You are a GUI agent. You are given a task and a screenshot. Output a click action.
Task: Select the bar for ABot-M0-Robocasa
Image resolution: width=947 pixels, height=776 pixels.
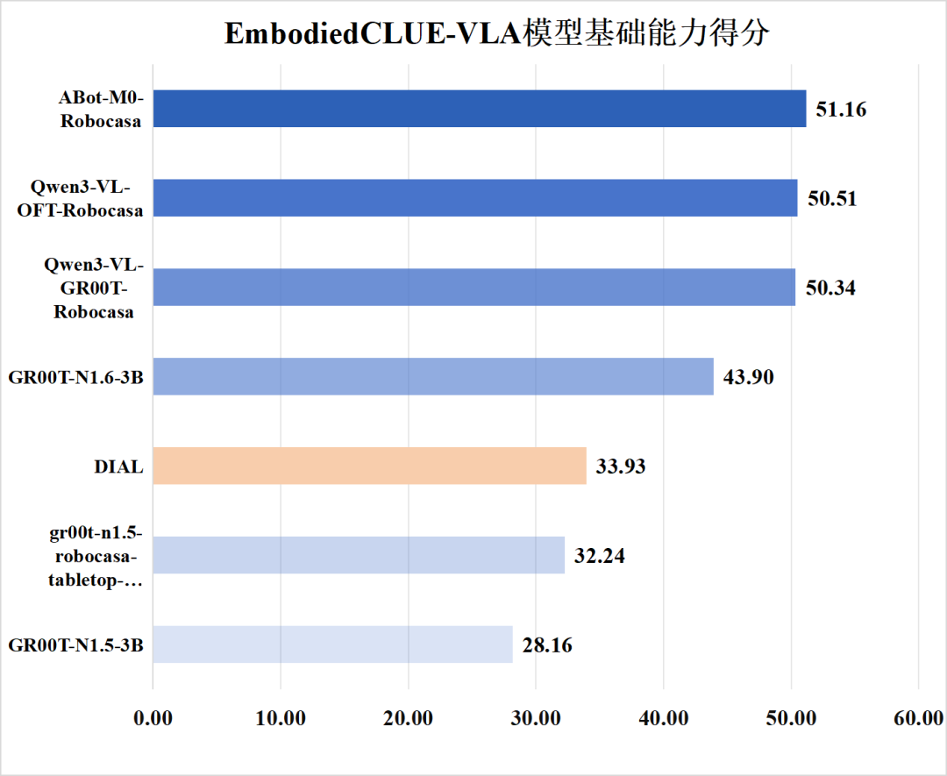[x=479, y=109]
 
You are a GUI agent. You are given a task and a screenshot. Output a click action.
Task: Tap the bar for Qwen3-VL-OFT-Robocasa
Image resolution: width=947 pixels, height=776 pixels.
[x=474, y=198]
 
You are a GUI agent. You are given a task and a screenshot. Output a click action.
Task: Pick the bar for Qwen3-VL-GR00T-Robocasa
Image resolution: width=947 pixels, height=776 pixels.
[x=473, y=288]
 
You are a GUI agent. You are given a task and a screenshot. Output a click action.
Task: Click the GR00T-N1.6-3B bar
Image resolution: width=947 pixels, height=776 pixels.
[x=432, y=376]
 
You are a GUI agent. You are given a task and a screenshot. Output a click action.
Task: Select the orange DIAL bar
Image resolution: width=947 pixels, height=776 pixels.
[x=369, y=466]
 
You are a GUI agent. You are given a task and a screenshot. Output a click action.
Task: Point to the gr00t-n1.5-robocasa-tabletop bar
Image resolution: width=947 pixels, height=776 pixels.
[x=358, y=555]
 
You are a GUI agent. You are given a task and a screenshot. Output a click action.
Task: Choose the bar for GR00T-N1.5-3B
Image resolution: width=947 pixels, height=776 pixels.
[x=331, y=644]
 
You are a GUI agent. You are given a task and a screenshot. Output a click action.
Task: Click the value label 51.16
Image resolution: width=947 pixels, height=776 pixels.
[x=841, y=110]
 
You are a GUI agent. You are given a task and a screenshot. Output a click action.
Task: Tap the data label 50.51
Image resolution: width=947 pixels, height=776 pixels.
[x=832, y=199]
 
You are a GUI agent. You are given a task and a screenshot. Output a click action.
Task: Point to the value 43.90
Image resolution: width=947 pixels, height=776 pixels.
[x=749, y=377]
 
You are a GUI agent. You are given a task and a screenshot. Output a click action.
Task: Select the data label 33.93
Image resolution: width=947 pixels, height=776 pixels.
[x=621, y=466]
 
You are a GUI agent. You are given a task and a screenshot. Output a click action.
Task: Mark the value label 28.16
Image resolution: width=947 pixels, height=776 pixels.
[x=547, y=645]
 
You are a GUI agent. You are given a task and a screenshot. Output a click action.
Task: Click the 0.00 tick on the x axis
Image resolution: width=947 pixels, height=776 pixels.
[x=153, y=718]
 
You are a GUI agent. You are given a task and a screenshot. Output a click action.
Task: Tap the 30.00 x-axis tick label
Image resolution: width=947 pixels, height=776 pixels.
[x=536, y=718]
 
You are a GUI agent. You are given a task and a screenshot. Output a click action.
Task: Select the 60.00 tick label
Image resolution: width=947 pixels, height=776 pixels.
[x=918, y=718]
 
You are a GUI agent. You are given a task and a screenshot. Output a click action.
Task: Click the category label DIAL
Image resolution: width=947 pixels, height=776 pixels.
[x=118, y=466]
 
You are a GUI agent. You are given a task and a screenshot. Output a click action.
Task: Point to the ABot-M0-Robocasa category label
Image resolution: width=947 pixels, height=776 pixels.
[x=101, y=110]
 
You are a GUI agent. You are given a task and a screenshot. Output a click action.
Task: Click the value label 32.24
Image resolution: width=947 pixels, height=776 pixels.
[x=600, y=556]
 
